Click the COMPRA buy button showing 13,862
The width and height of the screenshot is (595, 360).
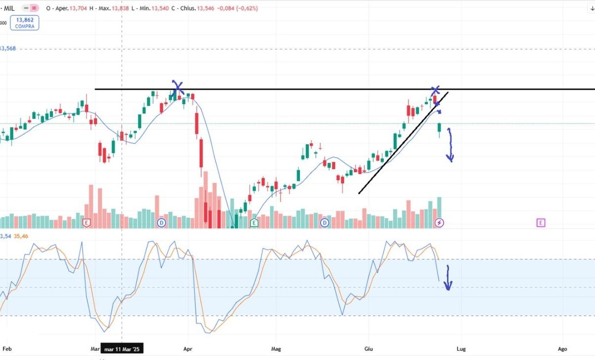(25, 23)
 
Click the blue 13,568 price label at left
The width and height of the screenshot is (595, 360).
(8, 48)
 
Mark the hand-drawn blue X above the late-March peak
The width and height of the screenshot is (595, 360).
(178, 88)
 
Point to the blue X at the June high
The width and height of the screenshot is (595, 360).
(435, 90)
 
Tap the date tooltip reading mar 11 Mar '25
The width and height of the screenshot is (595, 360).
(122, 348)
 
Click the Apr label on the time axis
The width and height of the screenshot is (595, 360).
(187, 349)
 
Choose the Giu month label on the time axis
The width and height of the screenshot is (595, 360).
(369, 349)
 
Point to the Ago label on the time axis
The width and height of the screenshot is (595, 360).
(562, 349)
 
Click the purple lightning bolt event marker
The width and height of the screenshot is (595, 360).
(439, 223)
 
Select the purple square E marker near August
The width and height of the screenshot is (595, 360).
(541, 223)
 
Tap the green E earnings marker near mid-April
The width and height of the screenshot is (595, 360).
(254, 223)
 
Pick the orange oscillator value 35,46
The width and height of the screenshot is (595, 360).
(21, 236)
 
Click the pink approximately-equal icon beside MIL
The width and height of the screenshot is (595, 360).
(34, 8)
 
